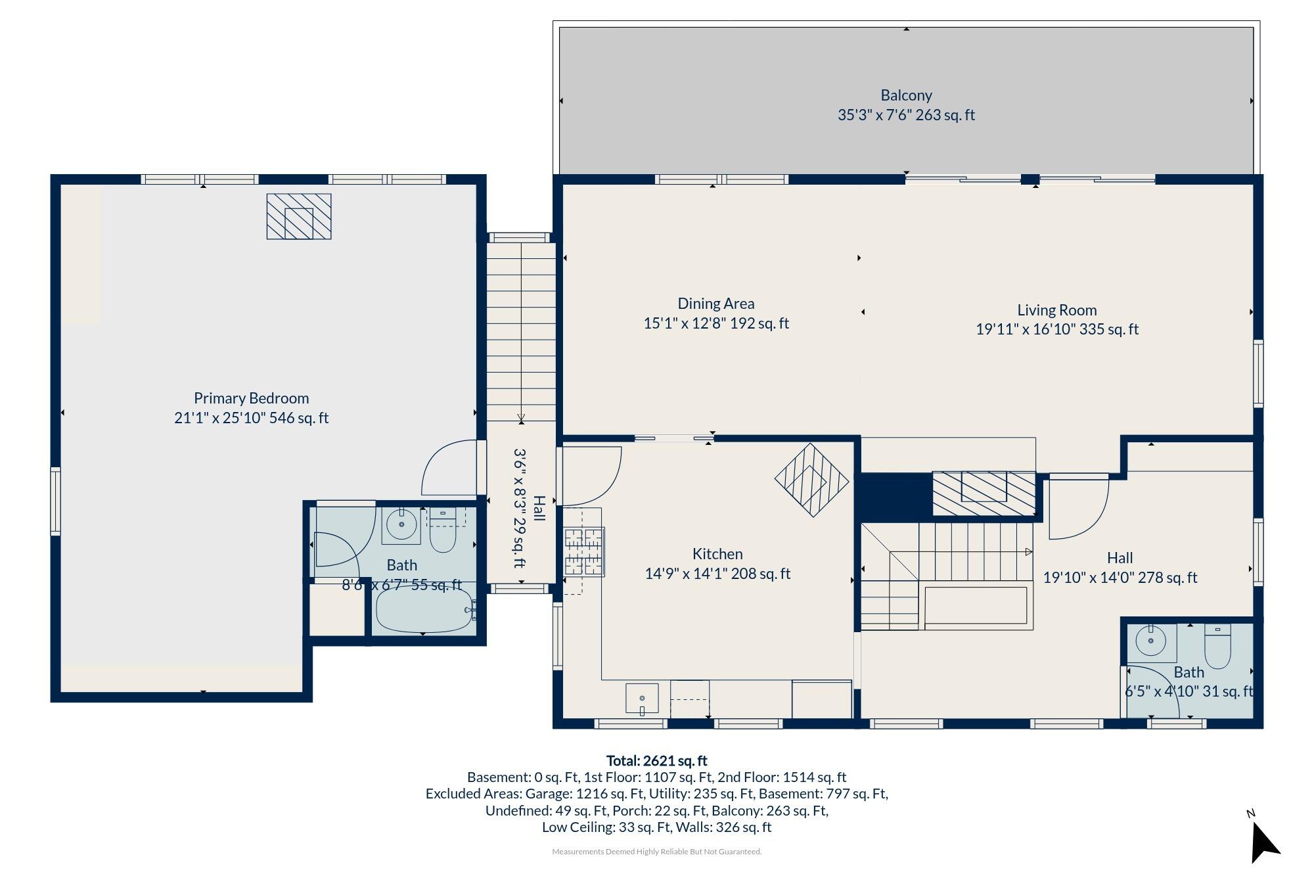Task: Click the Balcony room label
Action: tap(906, 95)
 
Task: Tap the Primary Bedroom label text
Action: tap(251, 398)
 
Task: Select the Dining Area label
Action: tap(716, 304)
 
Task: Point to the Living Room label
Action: tap(1057, 310)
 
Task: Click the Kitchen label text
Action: tap(717, 554)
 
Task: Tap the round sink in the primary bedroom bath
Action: tap(401, 524)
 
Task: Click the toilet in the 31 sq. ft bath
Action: tap(1217, 647)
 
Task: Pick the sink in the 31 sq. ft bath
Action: tap(1151, 641)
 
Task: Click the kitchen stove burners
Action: tap(583, 552)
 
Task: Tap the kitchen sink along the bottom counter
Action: tap(642, 698)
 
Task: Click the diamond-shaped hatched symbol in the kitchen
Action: tap(812, 480)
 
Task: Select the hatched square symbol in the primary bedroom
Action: tap(299, 216)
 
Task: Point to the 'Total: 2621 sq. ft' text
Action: tap(656, 761)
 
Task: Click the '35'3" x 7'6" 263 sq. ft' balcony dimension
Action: tap(906, 115)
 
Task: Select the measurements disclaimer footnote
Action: tap(656, 852)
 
